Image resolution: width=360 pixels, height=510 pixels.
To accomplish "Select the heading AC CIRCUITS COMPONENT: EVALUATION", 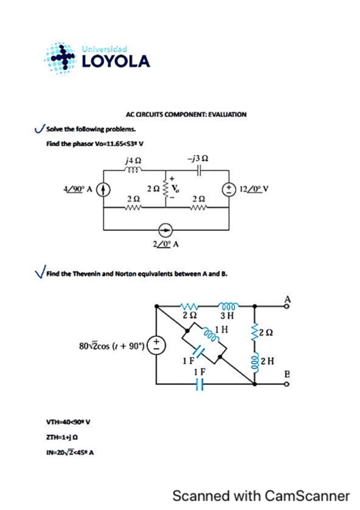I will pyautogui.click(x=186, y=113).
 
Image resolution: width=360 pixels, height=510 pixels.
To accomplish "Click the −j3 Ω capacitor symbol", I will pyautogui.click(x=198, y=171).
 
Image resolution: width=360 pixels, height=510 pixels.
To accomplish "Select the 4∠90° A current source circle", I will pyautogui.click(x=103, y=189).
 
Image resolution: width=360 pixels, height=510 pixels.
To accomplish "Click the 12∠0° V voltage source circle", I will pyautogui.click(x=230, y=187).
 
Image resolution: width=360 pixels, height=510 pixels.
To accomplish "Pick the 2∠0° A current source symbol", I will pyautogui.click(x=166, y=229).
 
